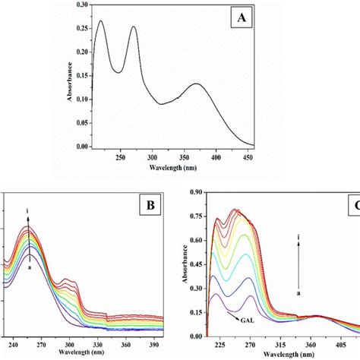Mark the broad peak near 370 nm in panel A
pyautogui.click(x=279, y=84)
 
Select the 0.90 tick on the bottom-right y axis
pyautogui.click(x=196, y=191)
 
